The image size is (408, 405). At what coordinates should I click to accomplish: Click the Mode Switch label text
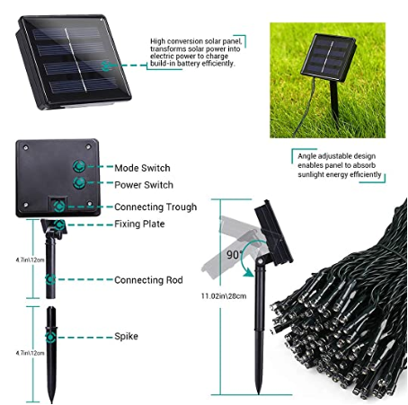point(142,168)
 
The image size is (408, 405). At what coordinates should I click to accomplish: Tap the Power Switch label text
point(144,185)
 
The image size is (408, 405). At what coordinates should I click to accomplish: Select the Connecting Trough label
point(155,207)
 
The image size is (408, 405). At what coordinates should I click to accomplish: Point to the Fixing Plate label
point(139,224)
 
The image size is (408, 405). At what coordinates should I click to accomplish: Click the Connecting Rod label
point(148,280)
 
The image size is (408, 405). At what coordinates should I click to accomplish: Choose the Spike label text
point(126,336)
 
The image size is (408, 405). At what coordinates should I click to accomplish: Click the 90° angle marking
point(234,255)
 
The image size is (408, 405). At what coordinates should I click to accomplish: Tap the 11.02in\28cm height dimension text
point(224,296)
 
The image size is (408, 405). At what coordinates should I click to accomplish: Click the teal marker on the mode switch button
point(79,166)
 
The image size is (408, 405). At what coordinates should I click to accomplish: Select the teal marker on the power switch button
point(79,182)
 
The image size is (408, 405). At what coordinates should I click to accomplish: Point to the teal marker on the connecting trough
point(59,207)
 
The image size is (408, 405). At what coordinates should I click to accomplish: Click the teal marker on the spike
point(50,337)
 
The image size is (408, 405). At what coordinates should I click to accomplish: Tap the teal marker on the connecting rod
point(50,279)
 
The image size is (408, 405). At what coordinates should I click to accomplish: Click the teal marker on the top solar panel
point(106,66)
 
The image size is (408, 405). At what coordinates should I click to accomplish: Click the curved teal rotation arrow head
point(248,273)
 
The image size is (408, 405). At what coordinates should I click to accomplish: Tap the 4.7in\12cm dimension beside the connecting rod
point(30,260)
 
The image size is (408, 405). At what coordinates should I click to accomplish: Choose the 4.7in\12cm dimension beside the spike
point(30,353)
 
